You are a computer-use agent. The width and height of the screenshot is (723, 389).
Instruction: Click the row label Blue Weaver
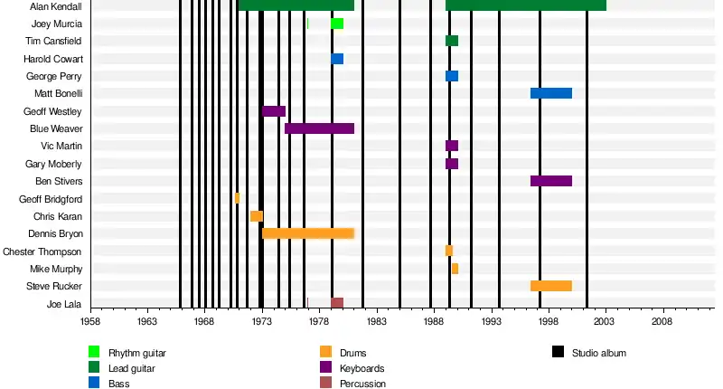[x=56, y=128]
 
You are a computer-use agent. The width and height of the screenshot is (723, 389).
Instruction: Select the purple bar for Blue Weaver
[x=319, y=128]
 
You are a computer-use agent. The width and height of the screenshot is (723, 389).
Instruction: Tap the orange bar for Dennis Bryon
[x=308, y=233]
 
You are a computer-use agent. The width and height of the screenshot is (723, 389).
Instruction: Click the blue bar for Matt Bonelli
[x=550, y=93]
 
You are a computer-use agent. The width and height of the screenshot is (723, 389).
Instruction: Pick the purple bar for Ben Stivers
[x=550, y=181]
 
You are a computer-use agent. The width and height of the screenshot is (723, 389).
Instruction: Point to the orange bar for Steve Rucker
[x=550, y=286]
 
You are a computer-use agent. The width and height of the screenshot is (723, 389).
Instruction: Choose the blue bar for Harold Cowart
[x=337, y=59]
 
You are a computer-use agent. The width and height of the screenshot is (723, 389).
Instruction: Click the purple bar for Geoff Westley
[x=274, y=111]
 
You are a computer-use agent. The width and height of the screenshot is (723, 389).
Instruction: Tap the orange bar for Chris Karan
[x=257, y=216]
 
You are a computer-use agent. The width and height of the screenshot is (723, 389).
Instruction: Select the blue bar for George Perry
[x=452, y=76]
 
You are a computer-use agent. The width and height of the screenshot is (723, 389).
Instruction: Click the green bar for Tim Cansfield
[x=452, y=41]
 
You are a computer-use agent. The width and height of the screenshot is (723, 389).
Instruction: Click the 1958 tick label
[x=90, y=320]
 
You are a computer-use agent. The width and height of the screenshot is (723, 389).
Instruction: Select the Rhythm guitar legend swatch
[x=94, y=352]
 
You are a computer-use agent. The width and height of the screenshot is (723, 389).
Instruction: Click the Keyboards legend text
[x=361, y=368]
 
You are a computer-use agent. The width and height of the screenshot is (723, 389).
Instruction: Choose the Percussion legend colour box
[x=325, y=384]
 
